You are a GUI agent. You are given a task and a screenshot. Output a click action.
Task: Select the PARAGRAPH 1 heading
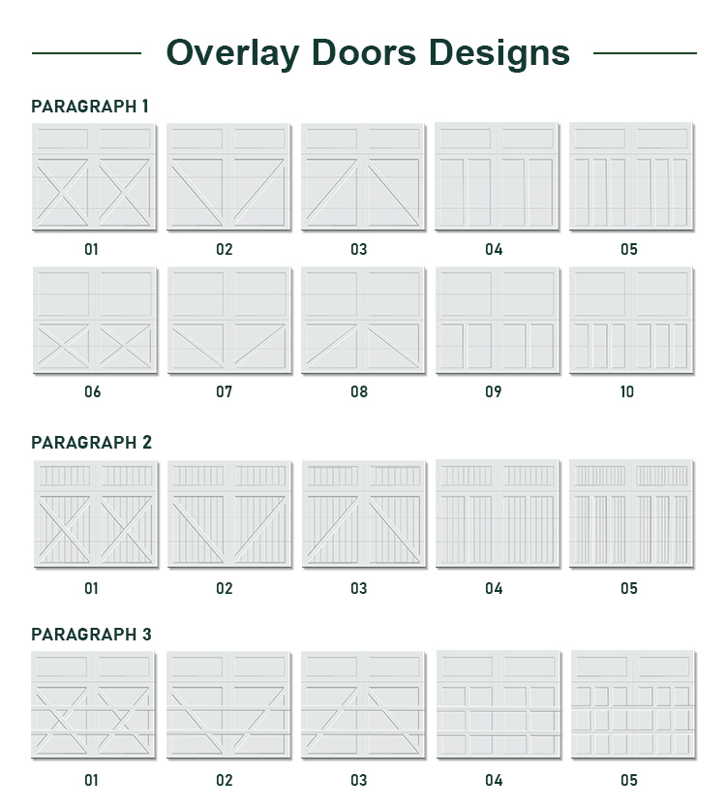pos(90,107)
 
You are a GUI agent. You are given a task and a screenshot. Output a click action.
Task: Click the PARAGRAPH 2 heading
pos(92,443)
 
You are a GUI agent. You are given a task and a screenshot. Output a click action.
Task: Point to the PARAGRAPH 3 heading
pos(92,635)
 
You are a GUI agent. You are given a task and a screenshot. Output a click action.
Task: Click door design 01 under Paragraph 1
pos(93,177)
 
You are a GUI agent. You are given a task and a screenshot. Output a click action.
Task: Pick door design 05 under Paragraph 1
pos(630,177)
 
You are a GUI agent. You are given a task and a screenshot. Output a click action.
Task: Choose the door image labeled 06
pos(93,321)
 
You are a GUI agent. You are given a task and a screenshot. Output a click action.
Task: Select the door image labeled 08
pos(362,321)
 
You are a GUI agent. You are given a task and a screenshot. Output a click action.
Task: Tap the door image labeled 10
pos(630,321)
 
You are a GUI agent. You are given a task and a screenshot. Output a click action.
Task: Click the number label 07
pos(225,392)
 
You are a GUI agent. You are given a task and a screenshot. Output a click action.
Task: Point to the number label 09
pos(494,392)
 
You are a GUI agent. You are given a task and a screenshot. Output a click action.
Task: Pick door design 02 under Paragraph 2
pos(227,514)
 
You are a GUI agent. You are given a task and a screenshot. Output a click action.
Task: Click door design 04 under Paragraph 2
pos(496,514)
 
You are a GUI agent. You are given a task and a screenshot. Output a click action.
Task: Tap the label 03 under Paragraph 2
pos(359,588)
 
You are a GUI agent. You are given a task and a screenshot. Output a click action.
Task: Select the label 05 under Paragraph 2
pos(629,588)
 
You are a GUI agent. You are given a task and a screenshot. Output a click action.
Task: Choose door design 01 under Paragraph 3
pos(93,704)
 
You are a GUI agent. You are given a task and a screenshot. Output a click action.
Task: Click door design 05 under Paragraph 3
pos(632,704)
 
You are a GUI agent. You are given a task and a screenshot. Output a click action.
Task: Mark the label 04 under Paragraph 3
pos(494,780)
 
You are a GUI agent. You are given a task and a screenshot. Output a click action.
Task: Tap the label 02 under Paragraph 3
pos(225,780)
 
